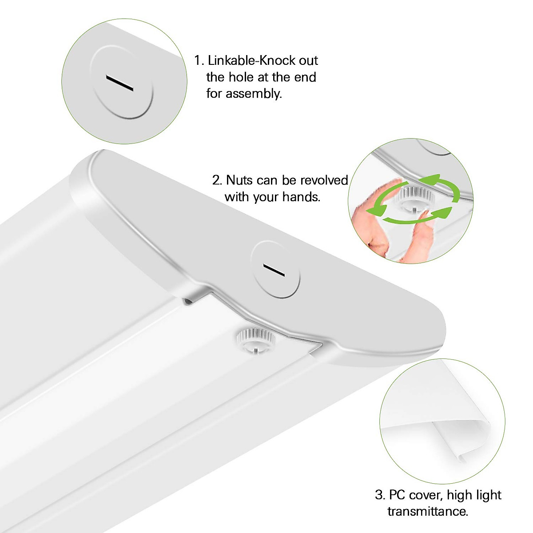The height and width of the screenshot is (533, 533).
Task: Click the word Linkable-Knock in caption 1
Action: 251,60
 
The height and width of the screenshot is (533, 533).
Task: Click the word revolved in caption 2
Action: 324,180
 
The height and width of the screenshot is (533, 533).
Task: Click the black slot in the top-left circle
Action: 120,84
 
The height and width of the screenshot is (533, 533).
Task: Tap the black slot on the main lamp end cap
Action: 274,270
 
